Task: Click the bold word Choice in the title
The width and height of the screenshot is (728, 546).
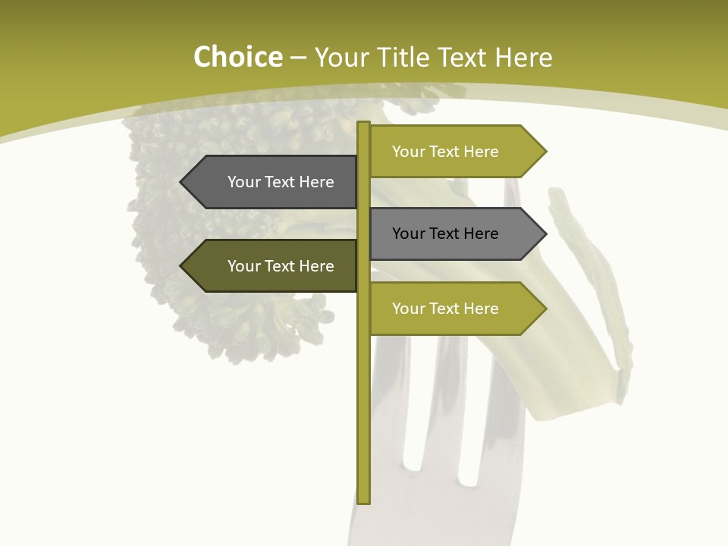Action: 237,58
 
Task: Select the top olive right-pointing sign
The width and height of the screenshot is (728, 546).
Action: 455,152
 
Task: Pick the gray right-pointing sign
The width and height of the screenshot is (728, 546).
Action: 455,234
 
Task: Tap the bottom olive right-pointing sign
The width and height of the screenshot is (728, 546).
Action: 455,309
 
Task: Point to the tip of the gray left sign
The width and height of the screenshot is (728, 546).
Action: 181,182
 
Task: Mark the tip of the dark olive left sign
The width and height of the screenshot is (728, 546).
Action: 181,266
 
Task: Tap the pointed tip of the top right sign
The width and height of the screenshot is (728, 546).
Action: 545,152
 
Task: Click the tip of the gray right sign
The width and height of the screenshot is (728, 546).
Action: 545,234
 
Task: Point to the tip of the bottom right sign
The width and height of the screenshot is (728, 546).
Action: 545,309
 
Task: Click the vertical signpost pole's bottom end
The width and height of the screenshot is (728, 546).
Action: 364,500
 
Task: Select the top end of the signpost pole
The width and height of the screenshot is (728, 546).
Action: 364,124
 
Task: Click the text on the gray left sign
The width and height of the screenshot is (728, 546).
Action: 281,182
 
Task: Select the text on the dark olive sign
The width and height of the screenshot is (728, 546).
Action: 281,266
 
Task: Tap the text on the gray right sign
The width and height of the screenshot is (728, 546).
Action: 445,234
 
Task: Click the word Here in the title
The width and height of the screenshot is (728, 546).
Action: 523,58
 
